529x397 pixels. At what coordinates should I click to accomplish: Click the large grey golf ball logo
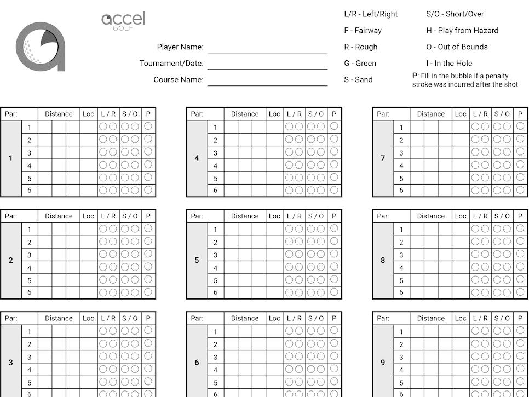click(40, 47)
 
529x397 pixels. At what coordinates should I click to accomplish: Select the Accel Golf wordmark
click(123, 21)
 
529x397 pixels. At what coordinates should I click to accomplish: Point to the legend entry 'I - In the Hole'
click(449, 63)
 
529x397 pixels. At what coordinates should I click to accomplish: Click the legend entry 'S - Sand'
click(358, 79)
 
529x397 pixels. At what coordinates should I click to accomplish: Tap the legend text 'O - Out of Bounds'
click(457, 47)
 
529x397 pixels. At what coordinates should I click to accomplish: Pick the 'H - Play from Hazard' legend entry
click(462, 30)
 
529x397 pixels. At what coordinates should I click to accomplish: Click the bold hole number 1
click(10, 159)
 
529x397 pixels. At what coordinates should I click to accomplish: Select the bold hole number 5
click(197, 261)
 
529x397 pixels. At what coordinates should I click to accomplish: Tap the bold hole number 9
click(383, 363)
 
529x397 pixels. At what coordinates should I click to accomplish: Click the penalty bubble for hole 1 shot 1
click(148, 126)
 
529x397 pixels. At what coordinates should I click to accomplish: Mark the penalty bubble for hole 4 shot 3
click(334, 152)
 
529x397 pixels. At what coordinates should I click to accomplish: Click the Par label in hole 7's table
click(383, 114)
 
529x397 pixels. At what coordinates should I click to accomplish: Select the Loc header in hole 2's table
click(88, 216)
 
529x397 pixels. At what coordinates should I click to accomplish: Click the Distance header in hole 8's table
click(431, 216)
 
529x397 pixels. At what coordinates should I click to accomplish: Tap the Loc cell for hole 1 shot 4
click(88, 165)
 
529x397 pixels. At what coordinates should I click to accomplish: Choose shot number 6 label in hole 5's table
click(215, 292)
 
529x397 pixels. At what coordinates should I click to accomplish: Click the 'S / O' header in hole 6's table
click(315, 318)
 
